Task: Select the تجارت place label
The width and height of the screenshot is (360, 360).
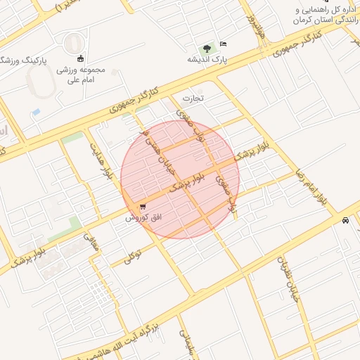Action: tap(193, 98)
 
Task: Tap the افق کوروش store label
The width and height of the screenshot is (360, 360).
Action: tap(144, 218)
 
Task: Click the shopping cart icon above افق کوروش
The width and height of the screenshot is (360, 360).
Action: tap(143, 207)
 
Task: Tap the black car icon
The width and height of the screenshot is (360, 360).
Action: tap(345, 221)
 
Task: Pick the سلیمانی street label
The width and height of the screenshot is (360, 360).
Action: tap(186, 343)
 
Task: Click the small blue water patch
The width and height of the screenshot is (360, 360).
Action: tap(36, 112)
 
